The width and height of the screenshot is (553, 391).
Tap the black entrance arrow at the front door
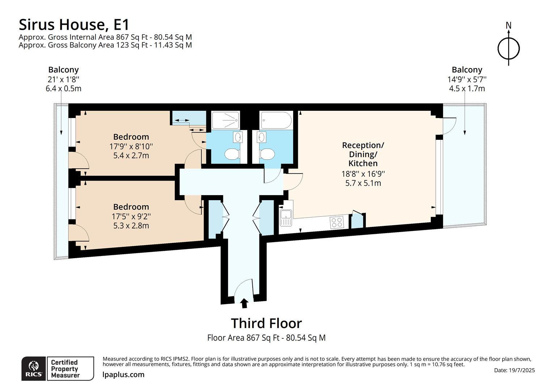point(244,303)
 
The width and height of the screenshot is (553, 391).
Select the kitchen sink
point(286,218)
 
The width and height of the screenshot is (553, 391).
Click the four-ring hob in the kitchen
point(337,222)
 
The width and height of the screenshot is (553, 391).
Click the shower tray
point(225,120)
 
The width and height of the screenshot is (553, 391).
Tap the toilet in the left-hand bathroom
point(232,154)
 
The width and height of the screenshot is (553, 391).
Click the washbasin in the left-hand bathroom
point(238,137)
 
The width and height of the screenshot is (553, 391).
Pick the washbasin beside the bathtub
point(261,137)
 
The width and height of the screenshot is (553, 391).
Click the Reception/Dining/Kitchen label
point(363,154)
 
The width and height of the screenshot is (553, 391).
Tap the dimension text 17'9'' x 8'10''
point(131,147)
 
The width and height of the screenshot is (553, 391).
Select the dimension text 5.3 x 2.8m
point(131,226)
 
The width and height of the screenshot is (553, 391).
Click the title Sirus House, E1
point(74,25)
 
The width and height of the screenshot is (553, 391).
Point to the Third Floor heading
point(266,323)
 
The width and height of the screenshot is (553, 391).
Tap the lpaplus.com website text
point(123,375)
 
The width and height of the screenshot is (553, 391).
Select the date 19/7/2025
point(514,370)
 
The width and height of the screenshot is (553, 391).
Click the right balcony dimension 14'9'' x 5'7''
point(467,79)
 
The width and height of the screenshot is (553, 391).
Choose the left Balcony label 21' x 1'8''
point(63,79)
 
